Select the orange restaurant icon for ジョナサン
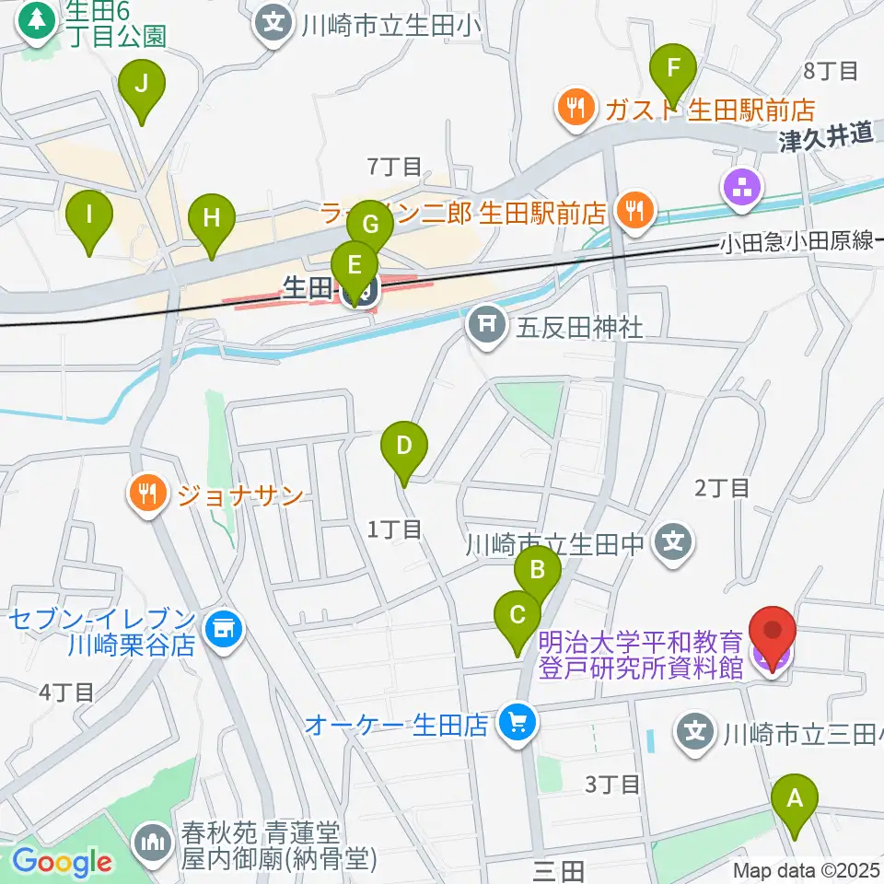[x=147, y=494]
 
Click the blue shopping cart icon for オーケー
[x=516, y=723]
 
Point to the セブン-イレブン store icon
[x=221, y=630]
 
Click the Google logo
[x=62, y=862]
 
